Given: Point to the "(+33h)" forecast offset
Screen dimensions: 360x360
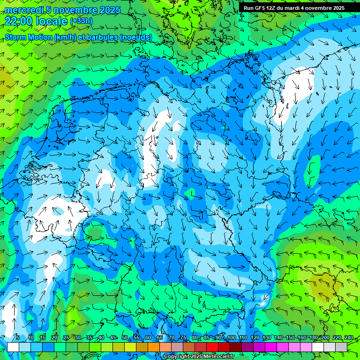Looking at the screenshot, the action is (81, 21).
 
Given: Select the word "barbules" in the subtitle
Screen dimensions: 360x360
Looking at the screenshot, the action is (102, 37).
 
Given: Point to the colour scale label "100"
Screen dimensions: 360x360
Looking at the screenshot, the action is (232, 338).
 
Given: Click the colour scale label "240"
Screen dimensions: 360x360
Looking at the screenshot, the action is (349, 338).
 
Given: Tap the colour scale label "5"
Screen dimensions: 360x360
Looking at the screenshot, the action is (18, 338).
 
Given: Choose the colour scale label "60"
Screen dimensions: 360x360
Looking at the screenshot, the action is (148, 338).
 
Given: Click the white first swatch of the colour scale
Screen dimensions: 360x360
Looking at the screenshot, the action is (13, 347).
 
